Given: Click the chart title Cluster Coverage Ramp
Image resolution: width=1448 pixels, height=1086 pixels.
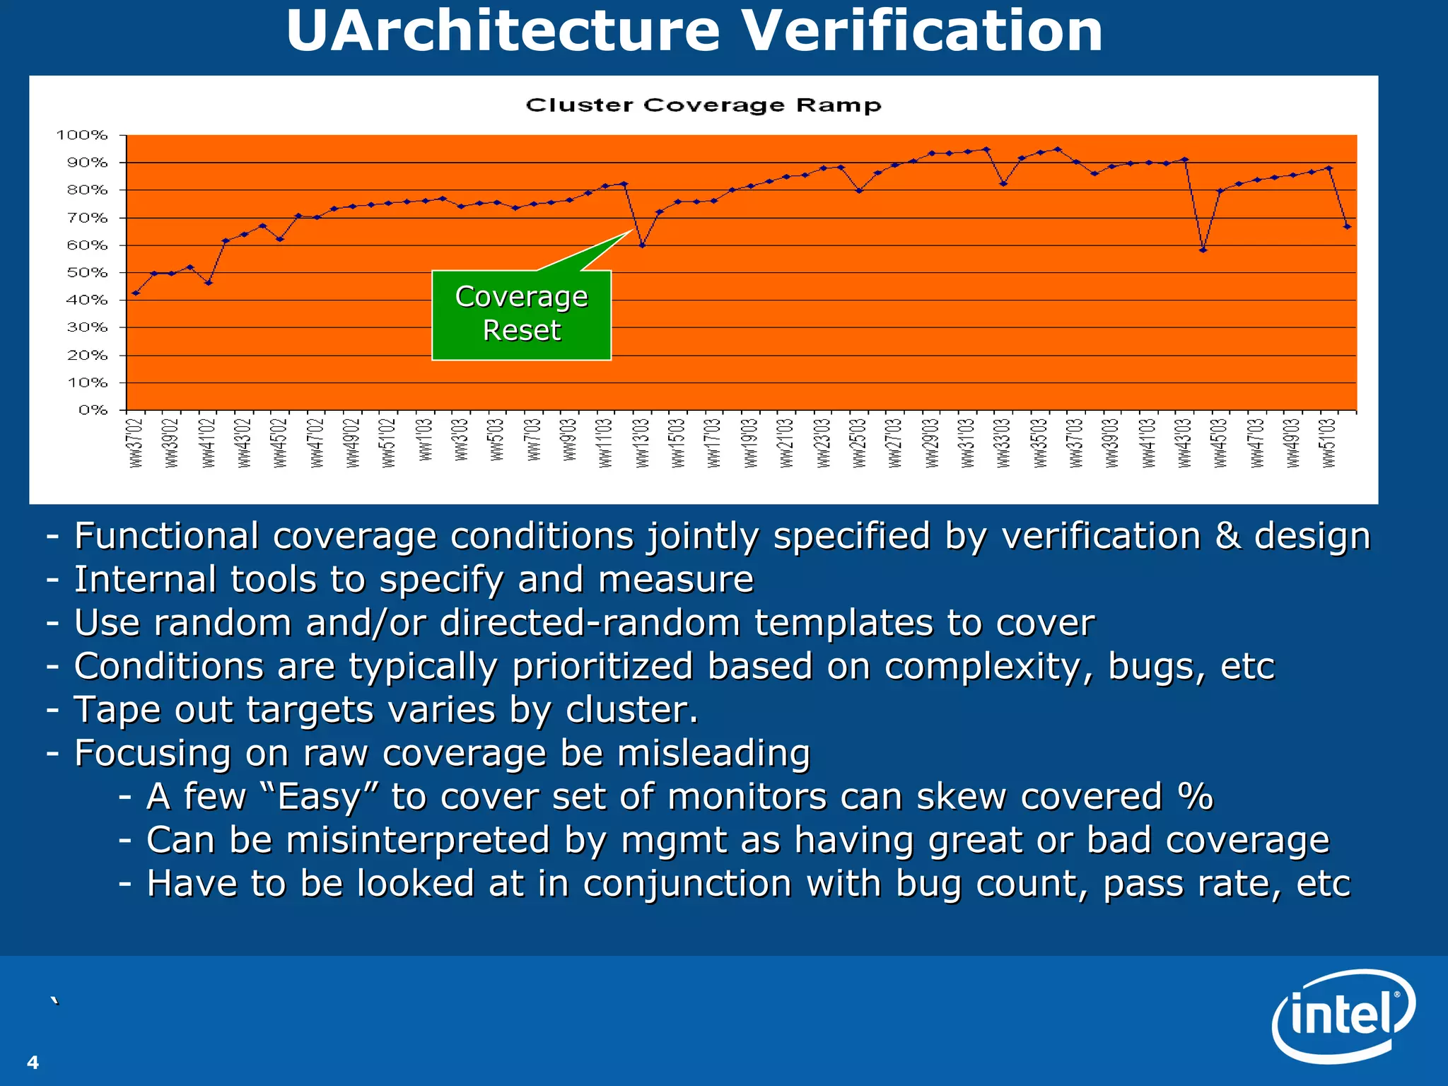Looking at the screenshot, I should pyautogui.click(x=703, y=105).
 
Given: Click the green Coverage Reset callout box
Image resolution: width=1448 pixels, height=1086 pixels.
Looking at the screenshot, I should pyautogui.click(x=521, y=315).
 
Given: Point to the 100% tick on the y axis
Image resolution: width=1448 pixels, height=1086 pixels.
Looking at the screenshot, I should pyautogui.click(x=82, y=135).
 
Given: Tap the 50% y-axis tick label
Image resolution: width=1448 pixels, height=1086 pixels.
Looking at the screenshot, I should pyautogui.click(x=86, y=273).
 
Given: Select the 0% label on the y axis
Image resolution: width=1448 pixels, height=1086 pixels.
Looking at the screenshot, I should pyautogui.click(x=93, y=410).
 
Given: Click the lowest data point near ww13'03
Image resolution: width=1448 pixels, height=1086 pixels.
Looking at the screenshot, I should pyautogui.click(x=642, y=245).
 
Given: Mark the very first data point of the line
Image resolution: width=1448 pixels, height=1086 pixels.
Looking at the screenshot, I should pyautogui.click(x=136, y=293).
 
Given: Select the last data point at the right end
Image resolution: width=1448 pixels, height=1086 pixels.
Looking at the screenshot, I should pyautogui.click(x=1347, y=226).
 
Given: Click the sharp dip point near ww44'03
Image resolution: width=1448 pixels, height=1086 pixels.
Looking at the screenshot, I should pyautogui.click(x=1203, y=250).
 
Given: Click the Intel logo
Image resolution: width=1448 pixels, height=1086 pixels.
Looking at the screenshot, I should pyautogui.click(x=1343, y=1015).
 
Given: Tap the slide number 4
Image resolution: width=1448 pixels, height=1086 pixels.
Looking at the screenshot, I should pyautogui.click(x=33, y=1062).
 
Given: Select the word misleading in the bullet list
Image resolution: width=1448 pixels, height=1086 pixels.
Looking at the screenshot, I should pyautogui.click(x=713, y=753).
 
